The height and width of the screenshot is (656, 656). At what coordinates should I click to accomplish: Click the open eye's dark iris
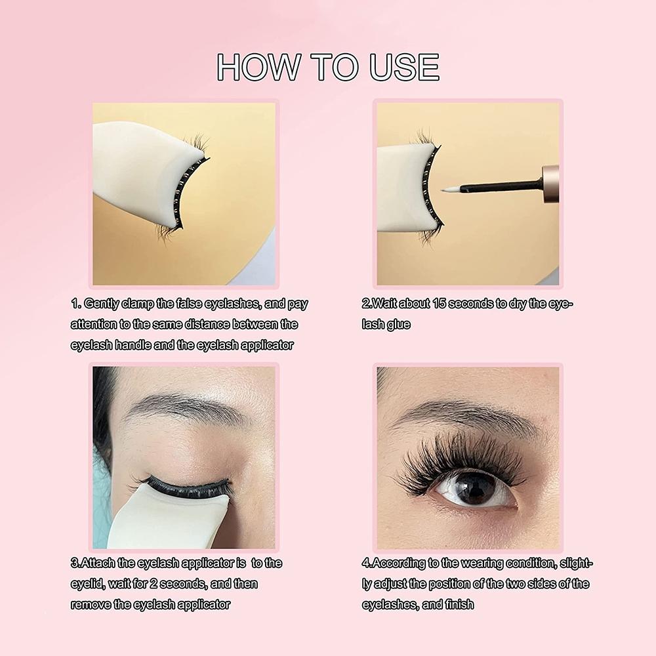(476, 489)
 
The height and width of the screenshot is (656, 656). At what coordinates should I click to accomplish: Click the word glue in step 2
(398, 325)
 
